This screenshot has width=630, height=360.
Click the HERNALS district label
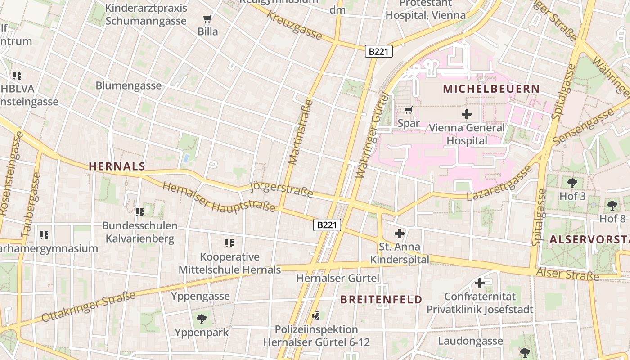[117, 166]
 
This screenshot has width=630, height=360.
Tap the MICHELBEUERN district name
[491, 89]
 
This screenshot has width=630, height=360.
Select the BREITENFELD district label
[381, 300]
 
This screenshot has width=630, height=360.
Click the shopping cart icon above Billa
[207, 19]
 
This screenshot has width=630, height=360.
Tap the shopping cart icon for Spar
[409, 110]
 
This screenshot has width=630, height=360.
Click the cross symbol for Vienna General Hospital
[467, 114]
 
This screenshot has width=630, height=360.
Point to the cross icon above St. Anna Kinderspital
[399, 234]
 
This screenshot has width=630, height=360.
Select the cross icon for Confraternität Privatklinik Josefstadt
[480, 283]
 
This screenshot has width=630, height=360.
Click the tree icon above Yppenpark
[202, 319]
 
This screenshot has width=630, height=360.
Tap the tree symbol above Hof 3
[572, 183]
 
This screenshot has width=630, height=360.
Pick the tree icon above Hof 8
[612, 206]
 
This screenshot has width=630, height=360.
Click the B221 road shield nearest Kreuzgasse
[378, 52]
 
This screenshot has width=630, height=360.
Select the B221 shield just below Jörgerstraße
[327, 225]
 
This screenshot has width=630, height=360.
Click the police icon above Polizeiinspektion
[316, 315]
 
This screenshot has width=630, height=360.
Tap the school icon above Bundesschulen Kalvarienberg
[139, 212]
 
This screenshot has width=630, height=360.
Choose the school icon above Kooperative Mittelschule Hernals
[229, 243]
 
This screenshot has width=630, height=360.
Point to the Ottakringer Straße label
[89, 307]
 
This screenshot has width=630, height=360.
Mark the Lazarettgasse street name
[499, 184]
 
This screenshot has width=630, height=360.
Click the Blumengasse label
[128, 85]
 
